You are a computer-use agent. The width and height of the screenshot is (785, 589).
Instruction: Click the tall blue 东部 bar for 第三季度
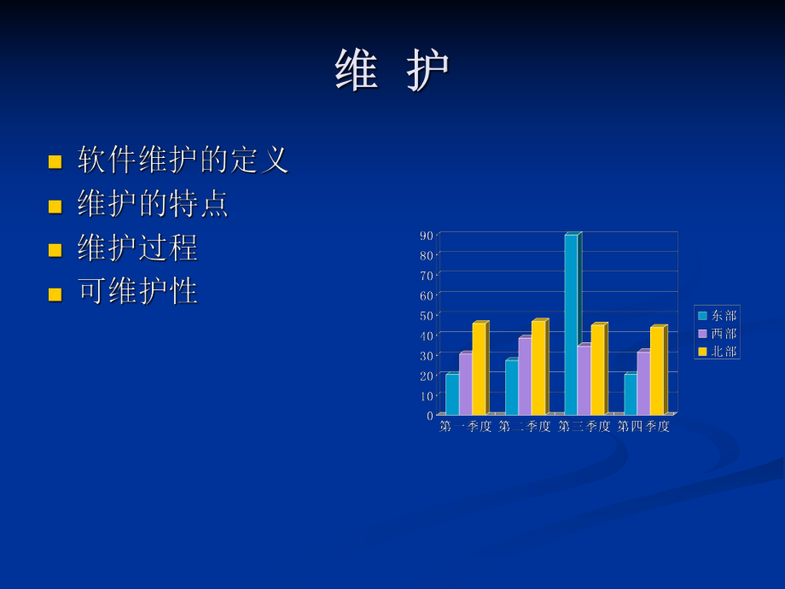[x=571, y=324]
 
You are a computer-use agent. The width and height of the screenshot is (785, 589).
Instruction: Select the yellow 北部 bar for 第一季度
[x=479, y=369]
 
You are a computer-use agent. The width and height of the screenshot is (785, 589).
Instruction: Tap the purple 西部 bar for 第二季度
[x=525, y=376]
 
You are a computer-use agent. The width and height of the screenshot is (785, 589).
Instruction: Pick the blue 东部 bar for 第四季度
[x=630, y=394]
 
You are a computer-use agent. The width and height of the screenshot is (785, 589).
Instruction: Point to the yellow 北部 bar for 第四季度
[x=656, y=371]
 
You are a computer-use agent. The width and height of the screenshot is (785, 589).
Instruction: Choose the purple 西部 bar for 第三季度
[x=584, y=381]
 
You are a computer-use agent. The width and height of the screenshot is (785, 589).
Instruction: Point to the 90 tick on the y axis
[x=427, y=235]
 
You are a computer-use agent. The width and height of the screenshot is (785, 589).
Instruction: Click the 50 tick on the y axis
[x=427, y=315]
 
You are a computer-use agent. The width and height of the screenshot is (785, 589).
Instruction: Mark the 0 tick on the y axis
[x=430, y=416]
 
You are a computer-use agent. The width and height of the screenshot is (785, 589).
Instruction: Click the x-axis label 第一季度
[x=466, y=427]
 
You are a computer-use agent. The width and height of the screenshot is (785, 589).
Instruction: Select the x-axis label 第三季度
[x=584, y=427]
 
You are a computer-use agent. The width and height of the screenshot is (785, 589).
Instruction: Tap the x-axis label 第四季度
[x=643, y=427]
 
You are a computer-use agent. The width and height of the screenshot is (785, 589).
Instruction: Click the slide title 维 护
[x=392, y=71]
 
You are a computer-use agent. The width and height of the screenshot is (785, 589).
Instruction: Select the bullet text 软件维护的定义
[x=183, y=160]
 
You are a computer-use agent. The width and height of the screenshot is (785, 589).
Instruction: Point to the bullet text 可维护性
[x=138, y=292]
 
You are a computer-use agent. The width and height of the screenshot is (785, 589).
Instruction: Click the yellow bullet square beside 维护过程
[x=55, y=250]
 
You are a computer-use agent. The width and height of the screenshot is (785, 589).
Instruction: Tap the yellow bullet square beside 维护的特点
[x=55, y=206]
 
